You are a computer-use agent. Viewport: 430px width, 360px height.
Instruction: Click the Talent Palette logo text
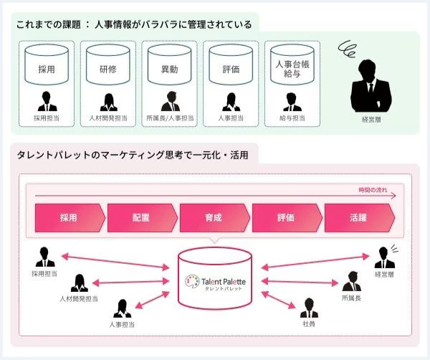tap(224, 280)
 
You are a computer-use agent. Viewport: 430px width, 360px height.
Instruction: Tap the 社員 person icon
tap(309, 309)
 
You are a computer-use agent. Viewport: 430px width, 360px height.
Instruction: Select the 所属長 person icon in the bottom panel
tap(351, 282)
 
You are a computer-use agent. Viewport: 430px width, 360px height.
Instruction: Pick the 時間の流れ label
tap(373, 189)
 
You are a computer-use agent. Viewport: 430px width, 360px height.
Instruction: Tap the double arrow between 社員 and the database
tap(279, 295)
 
